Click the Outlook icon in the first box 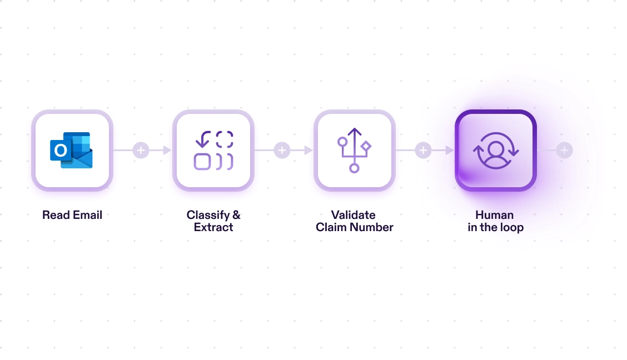(71, 150)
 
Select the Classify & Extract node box (213, 150)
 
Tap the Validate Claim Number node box (355, 150)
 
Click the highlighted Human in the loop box (496, 150)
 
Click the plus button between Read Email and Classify (141, 150)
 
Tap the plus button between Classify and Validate (282, 150)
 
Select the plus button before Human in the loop (423, 150)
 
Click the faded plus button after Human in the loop (564, 150)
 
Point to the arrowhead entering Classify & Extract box (167, 150)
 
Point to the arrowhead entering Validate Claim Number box (308, 150)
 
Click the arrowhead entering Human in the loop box (450, 150)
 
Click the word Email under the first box (88, 215)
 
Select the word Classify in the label (208, 216)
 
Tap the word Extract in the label (213, 227)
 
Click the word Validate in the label (354, 215)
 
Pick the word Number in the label (371, 227)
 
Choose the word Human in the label (495, 215)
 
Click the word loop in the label (512, 228)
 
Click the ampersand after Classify (236, 215)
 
